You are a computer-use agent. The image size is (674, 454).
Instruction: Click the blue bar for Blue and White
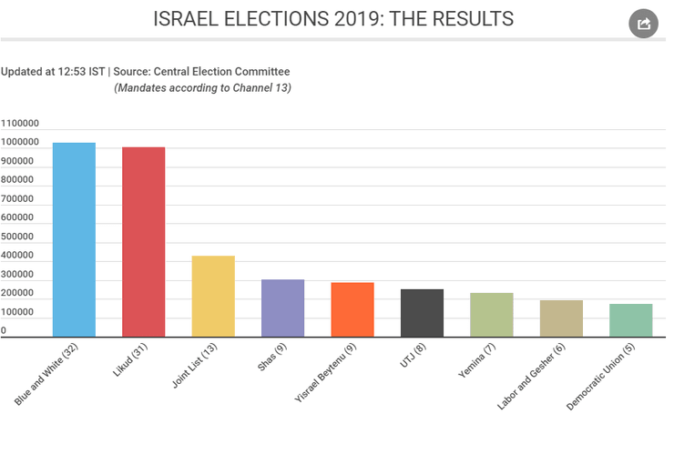point(74,240)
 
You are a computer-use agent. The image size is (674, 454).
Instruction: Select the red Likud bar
point(144,242)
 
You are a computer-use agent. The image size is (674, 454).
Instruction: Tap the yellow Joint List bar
point(213,297)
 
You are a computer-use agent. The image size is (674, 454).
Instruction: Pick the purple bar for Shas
point(282,308)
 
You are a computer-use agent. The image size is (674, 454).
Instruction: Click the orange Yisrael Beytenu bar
point(352,309)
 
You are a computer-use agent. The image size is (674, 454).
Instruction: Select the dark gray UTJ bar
point(422,313)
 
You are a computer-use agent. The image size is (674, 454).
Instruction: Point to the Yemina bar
point(492,315)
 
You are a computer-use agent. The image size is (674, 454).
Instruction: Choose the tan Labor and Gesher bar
point(561,318)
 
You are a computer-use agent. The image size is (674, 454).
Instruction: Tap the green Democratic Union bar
point(630,320)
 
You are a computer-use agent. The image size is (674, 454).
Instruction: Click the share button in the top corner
point(643,24)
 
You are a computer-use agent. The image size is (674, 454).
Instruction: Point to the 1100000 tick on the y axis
point(19,124)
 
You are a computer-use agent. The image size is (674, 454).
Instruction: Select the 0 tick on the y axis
point(4,331)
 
